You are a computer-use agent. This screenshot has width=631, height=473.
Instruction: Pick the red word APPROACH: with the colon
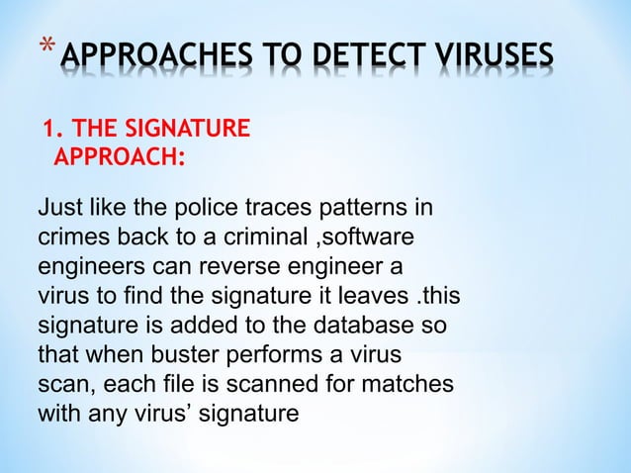click(121, 155)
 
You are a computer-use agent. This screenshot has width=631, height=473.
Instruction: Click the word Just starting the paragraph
click(59, 210)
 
